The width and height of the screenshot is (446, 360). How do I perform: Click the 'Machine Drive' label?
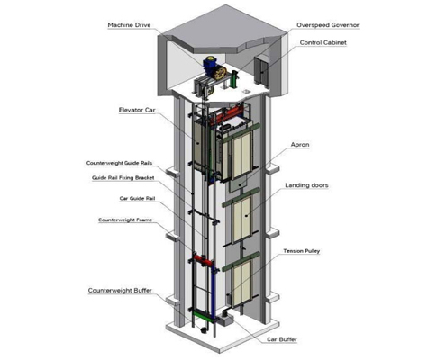tap(129, 25)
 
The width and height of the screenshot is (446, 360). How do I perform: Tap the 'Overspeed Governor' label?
tap(328, 25)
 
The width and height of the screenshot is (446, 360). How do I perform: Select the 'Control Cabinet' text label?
tap(323, 42)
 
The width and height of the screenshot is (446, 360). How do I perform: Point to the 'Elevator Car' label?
tap(137, 110)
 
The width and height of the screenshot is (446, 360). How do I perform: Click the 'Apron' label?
tap(300, 145)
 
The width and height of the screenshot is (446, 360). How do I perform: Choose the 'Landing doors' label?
tap(306, 185)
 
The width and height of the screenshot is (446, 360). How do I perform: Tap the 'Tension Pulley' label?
tap(302, 251)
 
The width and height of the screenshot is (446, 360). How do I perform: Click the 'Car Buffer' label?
tap(282, 339)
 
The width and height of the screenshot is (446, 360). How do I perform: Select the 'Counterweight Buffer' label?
tap(120, 290)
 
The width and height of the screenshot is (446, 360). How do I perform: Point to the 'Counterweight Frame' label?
tap(125, 220)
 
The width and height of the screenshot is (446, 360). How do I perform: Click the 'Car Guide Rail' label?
tap(137, 198)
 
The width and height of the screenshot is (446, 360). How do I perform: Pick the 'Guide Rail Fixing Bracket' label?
tap(123, 178)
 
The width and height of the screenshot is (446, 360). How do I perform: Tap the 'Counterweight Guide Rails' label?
tap(119, 163)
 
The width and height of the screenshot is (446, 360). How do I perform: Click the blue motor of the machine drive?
tap(210, 64)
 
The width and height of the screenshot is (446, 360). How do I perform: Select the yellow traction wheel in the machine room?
tap(220, 73)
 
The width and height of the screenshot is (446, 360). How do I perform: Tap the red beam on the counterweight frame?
tap(203, 260)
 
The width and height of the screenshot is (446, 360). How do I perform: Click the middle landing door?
tap(241, 220)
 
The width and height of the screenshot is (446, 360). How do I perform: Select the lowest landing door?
tap(241, 283)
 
